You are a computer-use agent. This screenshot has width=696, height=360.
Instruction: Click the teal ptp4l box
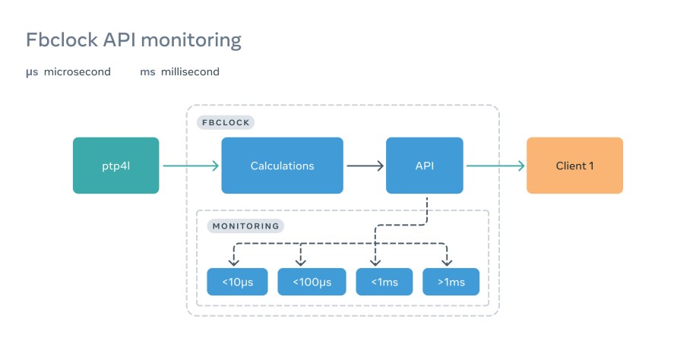point(116,166)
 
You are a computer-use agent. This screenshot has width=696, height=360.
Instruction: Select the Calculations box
point(282,166)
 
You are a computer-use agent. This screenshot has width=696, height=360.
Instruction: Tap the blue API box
point(425,166)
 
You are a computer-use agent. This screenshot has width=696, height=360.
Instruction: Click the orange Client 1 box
point(574,166)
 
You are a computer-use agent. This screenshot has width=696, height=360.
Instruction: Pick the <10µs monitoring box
point(238,282)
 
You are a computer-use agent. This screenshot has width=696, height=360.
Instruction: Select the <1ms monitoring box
point(384,282)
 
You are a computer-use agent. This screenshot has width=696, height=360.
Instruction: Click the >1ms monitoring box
point(451,282)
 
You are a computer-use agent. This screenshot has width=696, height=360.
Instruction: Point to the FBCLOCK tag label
point(225,122)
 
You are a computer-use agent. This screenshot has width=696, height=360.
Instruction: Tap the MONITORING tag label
point(245,226)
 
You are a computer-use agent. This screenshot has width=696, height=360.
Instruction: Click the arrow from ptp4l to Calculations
point(190,166)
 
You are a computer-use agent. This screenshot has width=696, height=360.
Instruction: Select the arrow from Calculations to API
point(365,166)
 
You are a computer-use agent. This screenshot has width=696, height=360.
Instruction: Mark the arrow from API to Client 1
point(495,166)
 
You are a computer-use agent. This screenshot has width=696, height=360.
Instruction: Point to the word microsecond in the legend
point(78,72)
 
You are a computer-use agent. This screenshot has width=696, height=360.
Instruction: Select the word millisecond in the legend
point(190,72)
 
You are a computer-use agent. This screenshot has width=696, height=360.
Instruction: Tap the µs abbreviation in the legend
point(32,72)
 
